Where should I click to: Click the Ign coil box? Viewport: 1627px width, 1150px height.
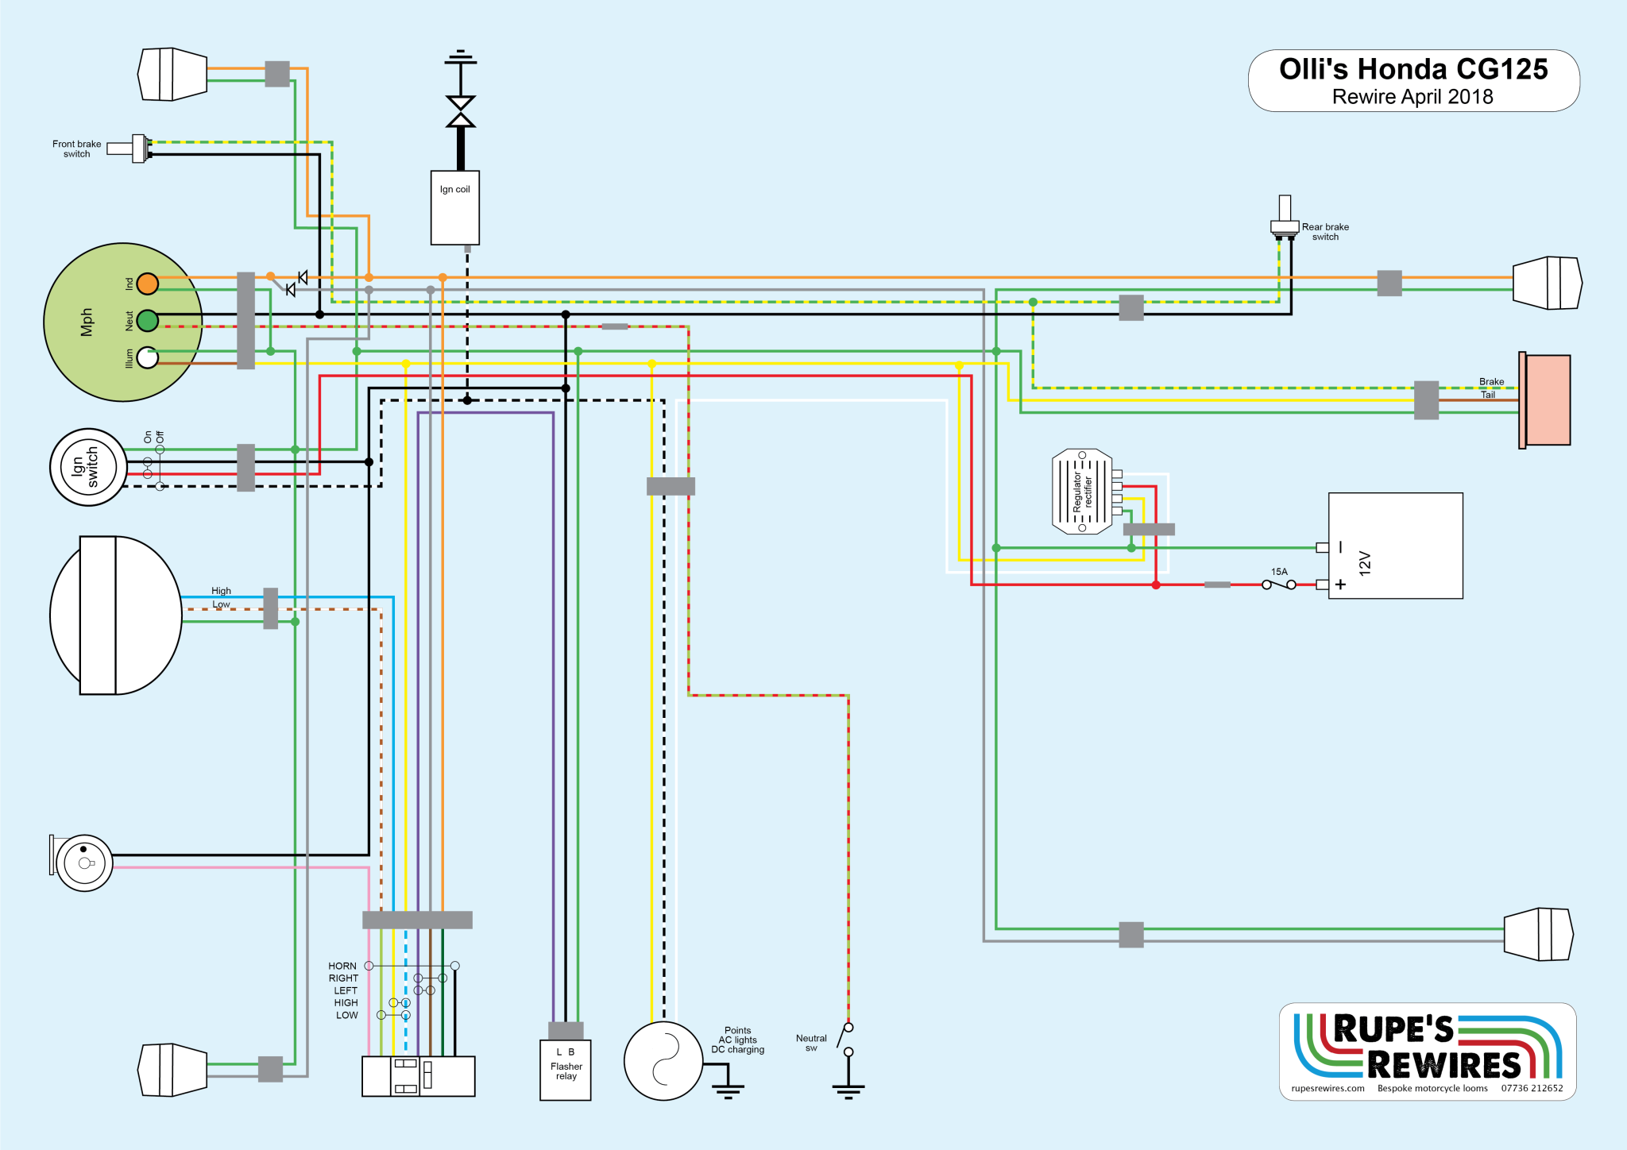pos(454,207)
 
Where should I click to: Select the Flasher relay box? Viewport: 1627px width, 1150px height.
pos(566,1070)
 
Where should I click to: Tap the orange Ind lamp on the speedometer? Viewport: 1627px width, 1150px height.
pos(148,284)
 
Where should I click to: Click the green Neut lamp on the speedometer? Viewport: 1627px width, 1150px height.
pos(148,321)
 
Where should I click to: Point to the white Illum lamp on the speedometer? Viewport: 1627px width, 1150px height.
pos(148,358)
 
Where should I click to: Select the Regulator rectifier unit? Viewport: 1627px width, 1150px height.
pos(1081,492)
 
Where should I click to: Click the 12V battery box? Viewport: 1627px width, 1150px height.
pos(1395,546)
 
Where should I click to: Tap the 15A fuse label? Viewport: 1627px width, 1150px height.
pos(1279,572)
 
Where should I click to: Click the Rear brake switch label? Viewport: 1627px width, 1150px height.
pos(1325,232)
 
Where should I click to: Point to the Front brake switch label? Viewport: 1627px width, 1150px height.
pos(76,149)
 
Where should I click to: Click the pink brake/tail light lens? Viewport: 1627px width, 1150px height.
pos(1547,400)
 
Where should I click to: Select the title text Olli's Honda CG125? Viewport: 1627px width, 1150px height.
pos(1413,70)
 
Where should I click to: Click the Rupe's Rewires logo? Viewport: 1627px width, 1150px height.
pos(1428,1050)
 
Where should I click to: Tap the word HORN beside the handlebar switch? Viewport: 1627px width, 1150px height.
pos(342,967)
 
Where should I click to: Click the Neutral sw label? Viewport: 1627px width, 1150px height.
pos(811,1043)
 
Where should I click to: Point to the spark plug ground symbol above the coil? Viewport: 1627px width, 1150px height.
pos(461,57)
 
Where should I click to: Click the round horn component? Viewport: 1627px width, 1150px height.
pos(84,863)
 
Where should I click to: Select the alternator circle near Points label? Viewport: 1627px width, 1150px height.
pos(663,1061)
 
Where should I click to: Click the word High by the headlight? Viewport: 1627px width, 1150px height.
pos(221,591)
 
